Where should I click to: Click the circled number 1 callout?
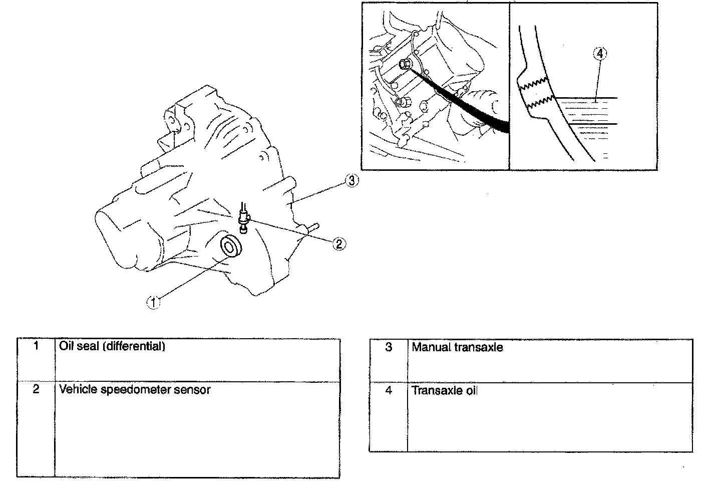coord(154,302)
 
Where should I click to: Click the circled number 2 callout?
coord(339,244)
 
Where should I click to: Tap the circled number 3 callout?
coord(352,181)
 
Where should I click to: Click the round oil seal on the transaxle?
coord(230,247)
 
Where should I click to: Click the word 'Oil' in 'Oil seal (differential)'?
coord(67,346)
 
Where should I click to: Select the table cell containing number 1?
coord(36,360)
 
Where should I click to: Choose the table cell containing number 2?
coord(36,428)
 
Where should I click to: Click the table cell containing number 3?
coord(389,361)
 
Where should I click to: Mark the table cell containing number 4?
coord(389,417)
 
